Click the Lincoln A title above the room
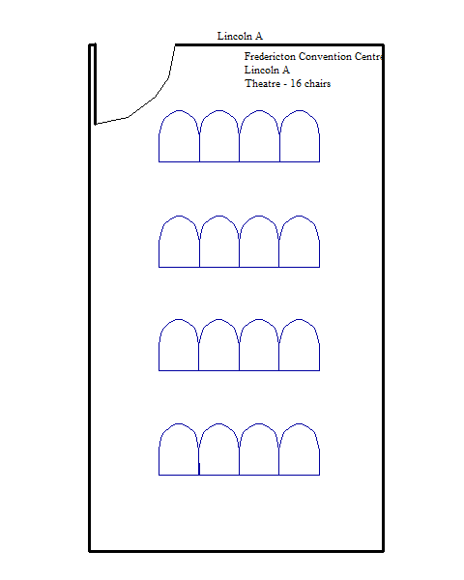tap(240, 37)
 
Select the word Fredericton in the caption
tap(270, 57)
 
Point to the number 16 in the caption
tap(296, 83)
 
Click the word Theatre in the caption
tap(262, 83)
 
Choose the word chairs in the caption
tap(317, 83)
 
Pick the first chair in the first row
tap(179, 136)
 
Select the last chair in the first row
tap(300, 136)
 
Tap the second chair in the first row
tap(219, 136)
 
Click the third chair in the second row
tap(259, 242)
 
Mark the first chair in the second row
tap(179, 242)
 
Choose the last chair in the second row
tap(300, 242)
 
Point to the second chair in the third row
tap(219, 345)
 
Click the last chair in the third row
tap(300, 345)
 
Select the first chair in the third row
tap(179, 345)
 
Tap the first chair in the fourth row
tap(179, 449)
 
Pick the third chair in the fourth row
tap(259, 449)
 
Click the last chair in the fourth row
tap(300, 449)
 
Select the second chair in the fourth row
tap(219, 449)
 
